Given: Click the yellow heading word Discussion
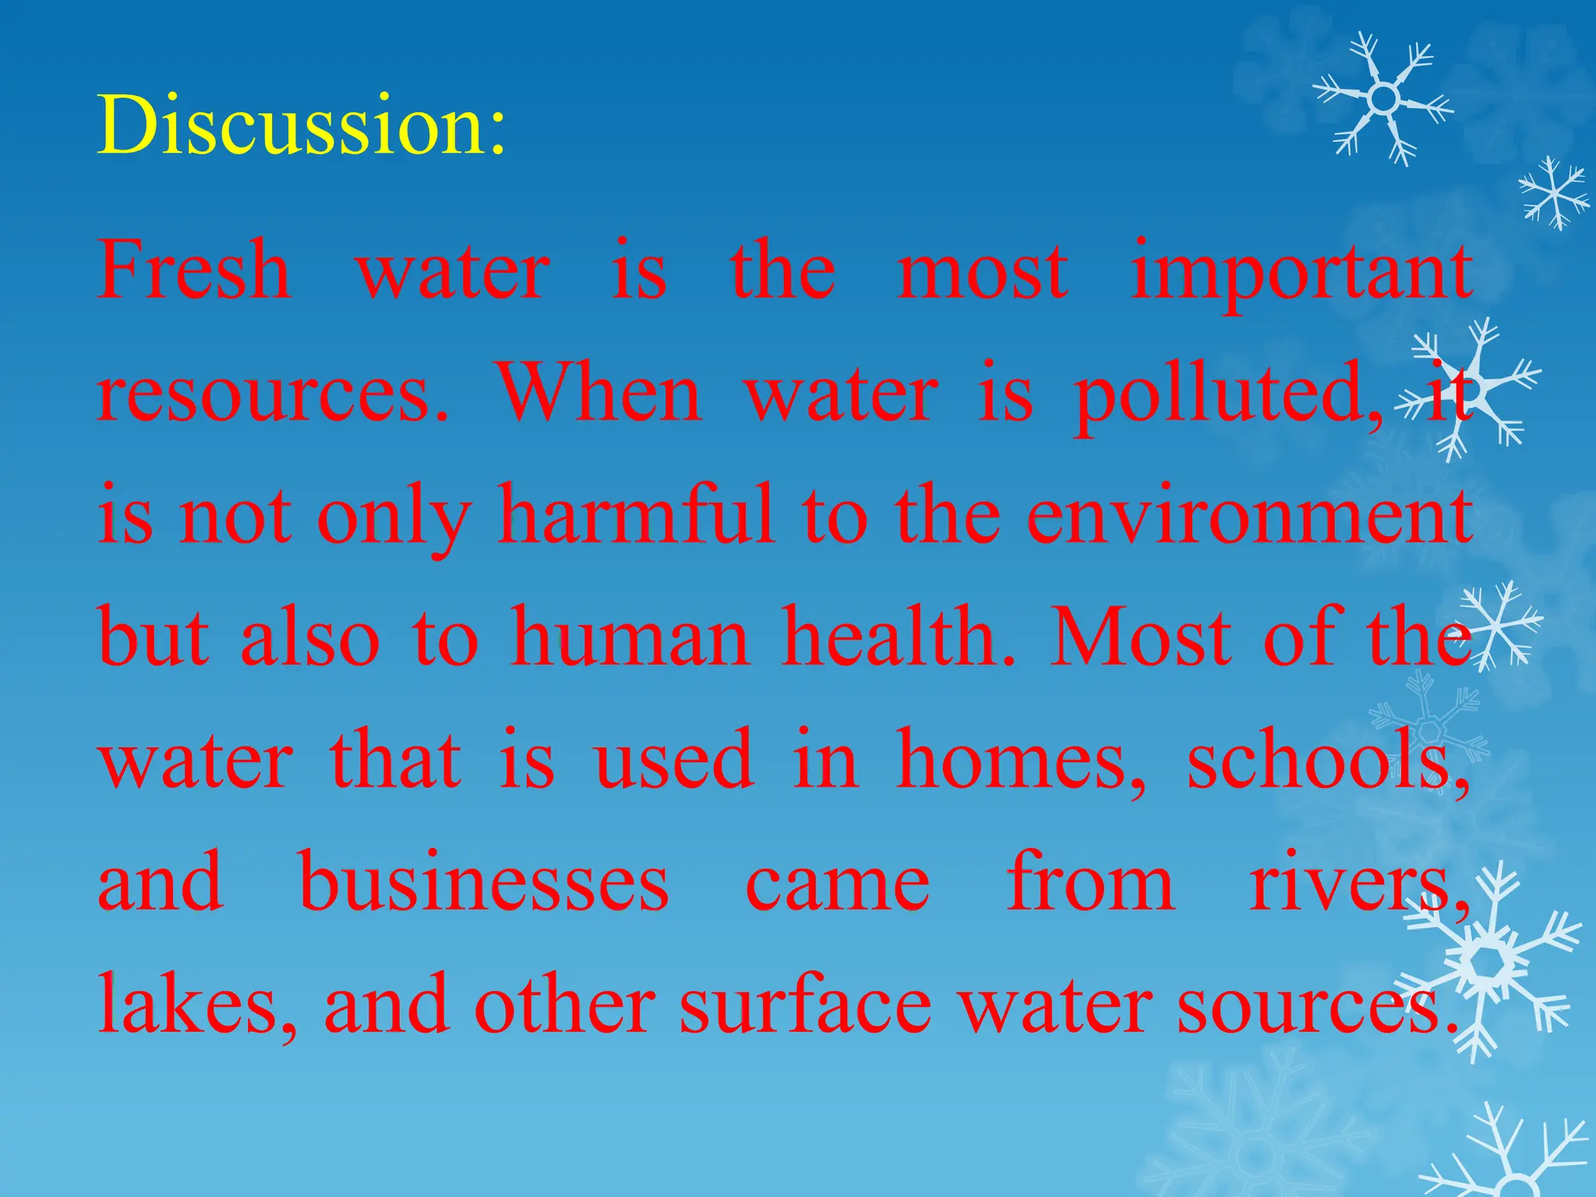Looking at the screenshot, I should (301, 125).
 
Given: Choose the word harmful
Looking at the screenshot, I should (635, 514).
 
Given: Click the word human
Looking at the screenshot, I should (630, 637).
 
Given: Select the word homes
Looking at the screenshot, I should (1021, 760).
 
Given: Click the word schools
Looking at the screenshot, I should (1329, 760).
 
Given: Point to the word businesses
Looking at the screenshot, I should (484, 882).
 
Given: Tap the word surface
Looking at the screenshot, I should (805, 1005).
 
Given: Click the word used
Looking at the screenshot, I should (674, 760).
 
